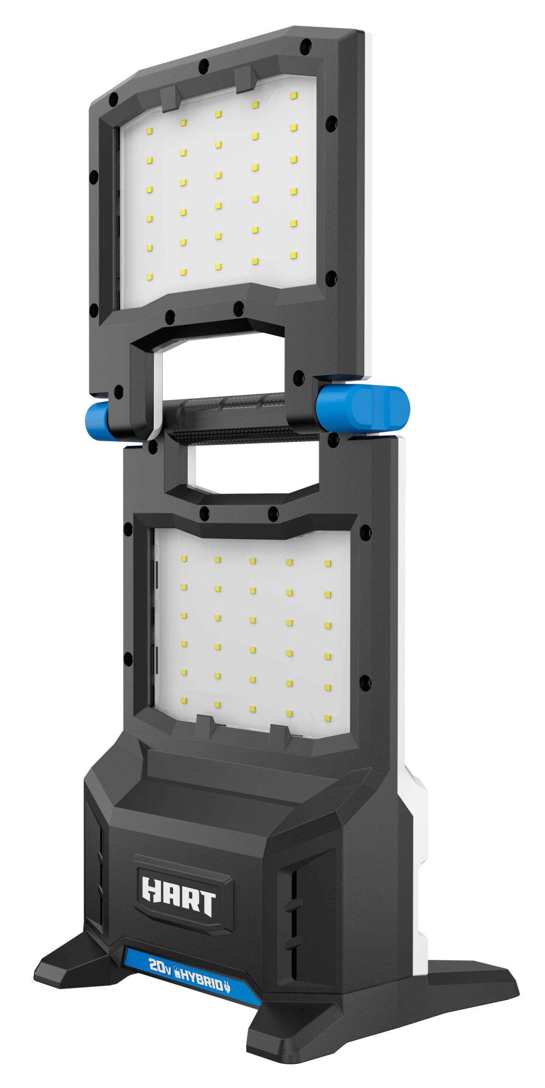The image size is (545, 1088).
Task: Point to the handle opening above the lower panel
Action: click(251, 467)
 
